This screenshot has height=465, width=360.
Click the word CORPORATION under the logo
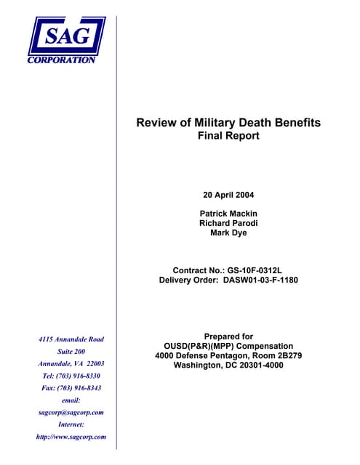[x=62, y=60]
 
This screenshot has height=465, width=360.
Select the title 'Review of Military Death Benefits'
[x=228, y=123]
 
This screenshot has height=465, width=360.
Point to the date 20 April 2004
[x=228, y=195]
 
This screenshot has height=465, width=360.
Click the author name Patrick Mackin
[x=228, y=213]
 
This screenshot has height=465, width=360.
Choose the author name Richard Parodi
[x=228, y=223]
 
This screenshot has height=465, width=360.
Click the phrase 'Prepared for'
[x=228, y=336]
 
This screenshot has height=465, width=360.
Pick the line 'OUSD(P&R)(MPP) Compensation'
[x=228, y=346]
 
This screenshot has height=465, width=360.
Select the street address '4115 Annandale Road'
[x=71, y=339]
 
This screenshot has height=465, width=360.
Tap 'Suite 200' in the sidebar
[x=71, y=352]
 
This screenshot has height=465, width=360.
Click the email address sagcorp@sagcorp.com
[x=71, y=413]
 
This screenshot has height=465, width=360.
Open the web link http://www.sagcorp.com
[x=71, y=437]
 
